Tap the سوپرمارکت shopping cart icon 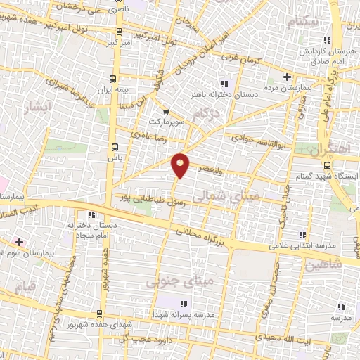[x=166, y=111]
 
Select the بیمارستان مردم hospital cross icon [x=286, y=77]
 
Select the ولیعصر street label [x=212, y=169]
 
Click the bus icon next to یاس [x=115, y=147]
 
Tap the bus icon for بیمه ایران [x=114, y=79]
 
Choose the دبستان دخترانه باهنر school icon [x=224, y=84]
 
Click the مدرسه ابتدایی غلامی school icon [x=302, y=235]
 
